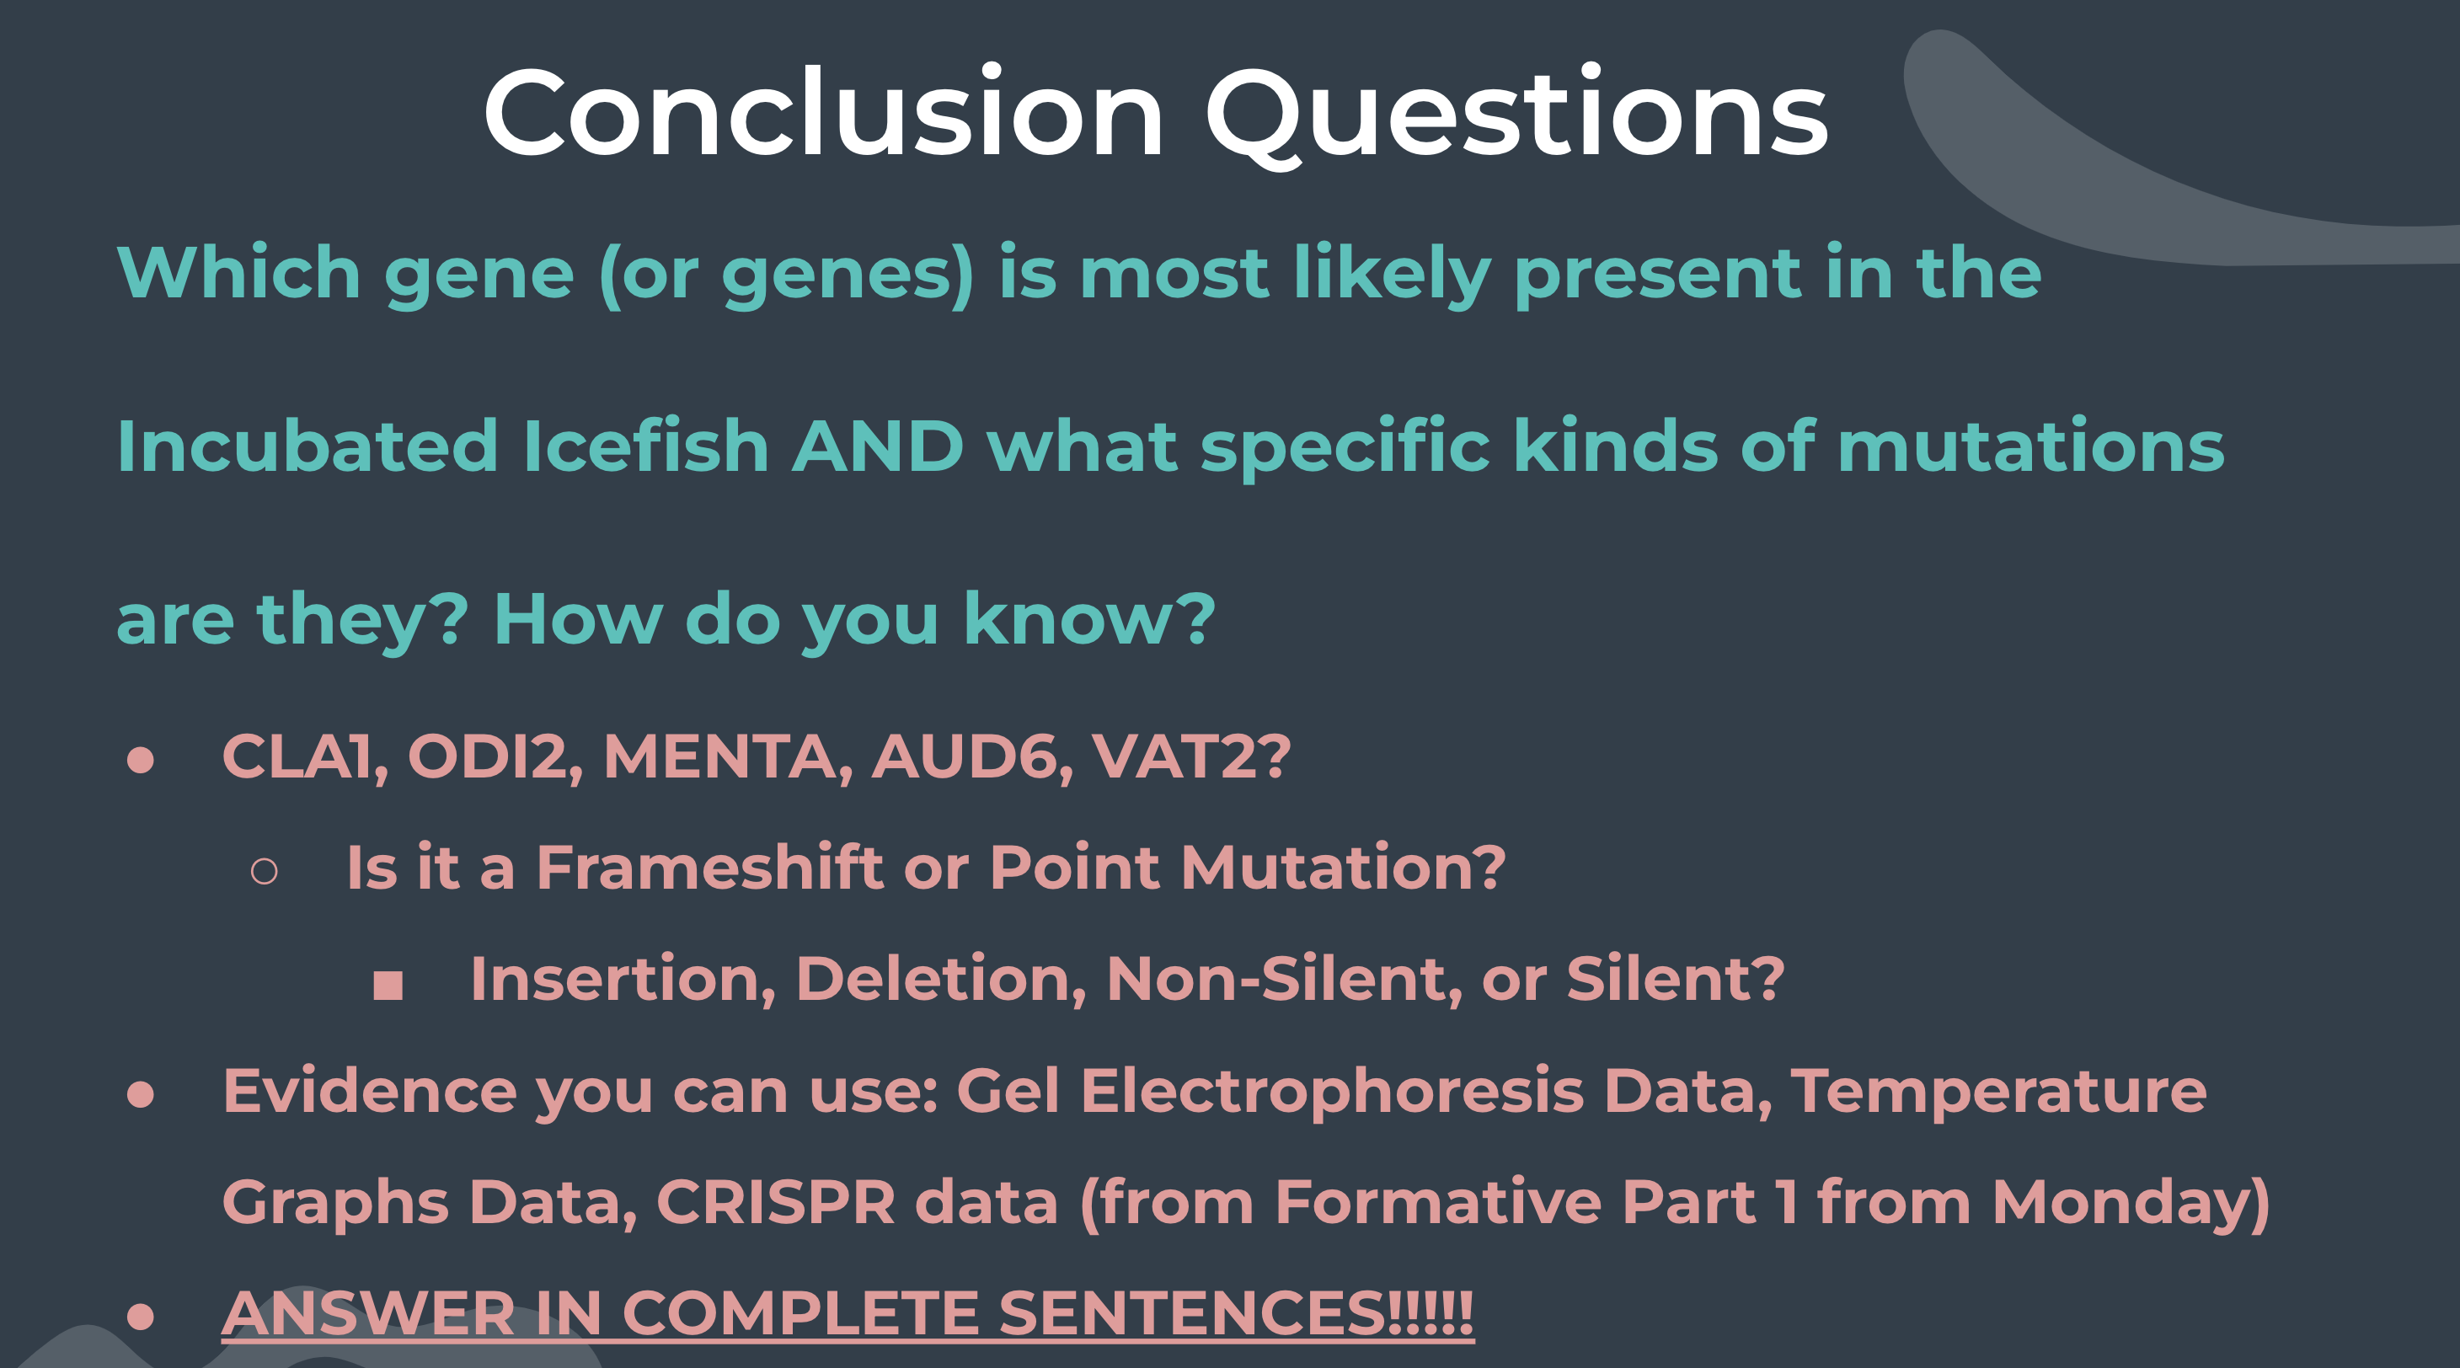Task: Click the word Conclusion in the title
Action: point(824,113)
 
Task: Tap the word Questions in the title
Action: point(1516,116)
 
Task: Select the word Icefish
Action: point(645,445)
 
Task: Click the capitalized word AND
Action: point(878,446)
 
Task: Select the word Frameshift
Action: point(709,867)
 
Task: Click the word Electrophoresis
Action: point(1332,1091)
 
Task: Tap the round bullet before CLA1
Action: point(141,760)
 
